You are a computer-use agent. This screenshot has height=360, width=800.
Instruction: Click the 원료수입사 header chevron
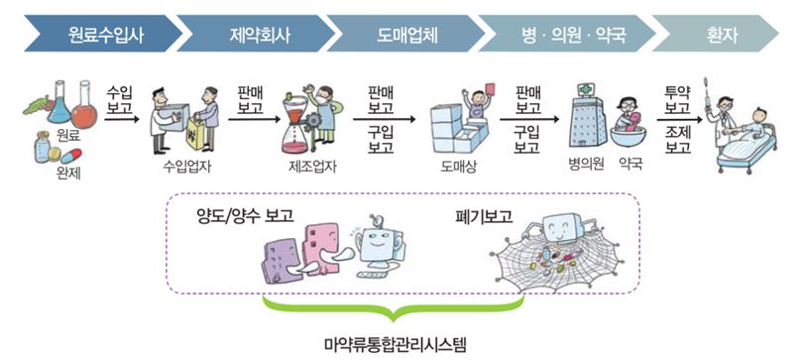tap(102, 34)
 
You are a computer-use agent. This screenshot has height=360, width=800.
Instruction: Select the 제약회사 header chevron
tap(255, 34)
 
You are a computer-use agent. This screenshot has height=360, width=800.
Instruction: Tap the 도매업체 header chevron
tap(405, 34)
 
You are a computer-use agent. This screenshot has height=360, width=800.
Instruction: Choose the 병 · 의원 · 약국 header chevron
tap(566, 34)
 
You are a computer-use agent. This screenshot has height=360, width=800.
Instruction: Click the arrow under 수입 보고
tap(121, 119)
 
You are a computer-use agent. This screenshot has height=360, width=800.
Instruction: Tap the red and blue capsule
tap(71, 157)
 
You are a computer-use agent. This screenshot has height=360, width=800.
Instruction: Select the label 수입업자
tap(186, 167)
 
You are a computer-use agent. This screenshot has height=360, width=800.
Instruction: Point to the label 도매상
tap(458, 167)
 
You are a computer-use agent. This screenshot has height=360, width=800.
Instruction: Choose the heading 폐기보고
tap(484, 216)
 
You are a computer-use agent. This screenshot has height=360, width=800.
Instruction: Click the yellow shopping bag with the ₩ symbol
tap(195, 134)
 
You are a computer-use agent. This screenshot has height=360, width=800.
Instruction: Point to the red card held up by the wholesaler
tap(493, 88)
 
